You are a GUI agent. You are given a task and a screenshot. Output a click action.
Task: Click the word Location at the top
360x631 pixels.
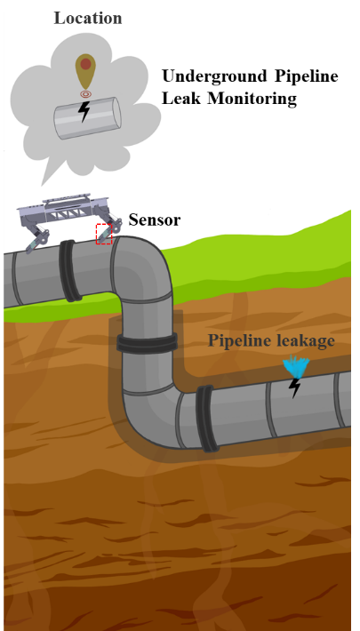click(x=88, y=19)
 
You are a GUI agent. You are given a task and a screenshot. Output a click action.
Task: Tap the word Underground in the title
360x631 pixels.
click(x=215, y=77)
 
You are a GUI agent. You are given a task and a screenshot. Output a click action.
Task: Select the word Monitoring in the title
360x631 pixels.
click(x=252, y=99)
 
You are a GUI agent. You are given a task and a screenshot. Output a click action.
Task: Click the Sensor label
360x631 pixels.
click(x=155, y=220)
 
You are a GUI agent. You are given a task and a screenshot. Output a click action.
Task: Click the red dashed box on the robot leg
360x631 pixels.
click(x=103, y=234)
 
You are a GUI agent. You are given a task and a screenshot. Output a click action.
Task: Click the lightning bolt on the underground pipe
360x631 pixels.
click(x=295, y=388)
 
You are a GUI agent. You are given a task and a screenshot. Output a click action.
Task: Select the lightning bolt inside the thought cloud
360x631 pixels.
click(x=84, y=111)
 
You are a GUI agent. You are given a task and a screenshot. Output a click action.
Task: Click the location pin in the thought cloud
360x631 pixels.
click(x=85, y=72)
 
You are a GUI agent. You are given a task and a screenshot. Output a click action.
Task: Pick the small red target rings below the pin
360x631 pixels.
click(x=85, y=94)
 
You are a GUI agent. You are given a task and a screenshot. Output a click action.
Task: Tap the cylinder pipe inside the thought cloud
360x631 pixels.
click(x=87, y=118)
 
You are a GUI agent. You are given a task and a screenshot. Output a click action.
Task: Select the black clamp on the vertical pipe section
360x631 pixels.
click(x=147, y=343)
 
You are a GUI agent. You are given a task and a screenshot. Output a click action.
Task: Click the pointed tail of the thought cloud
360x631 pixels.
click(x=48, y=173)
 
